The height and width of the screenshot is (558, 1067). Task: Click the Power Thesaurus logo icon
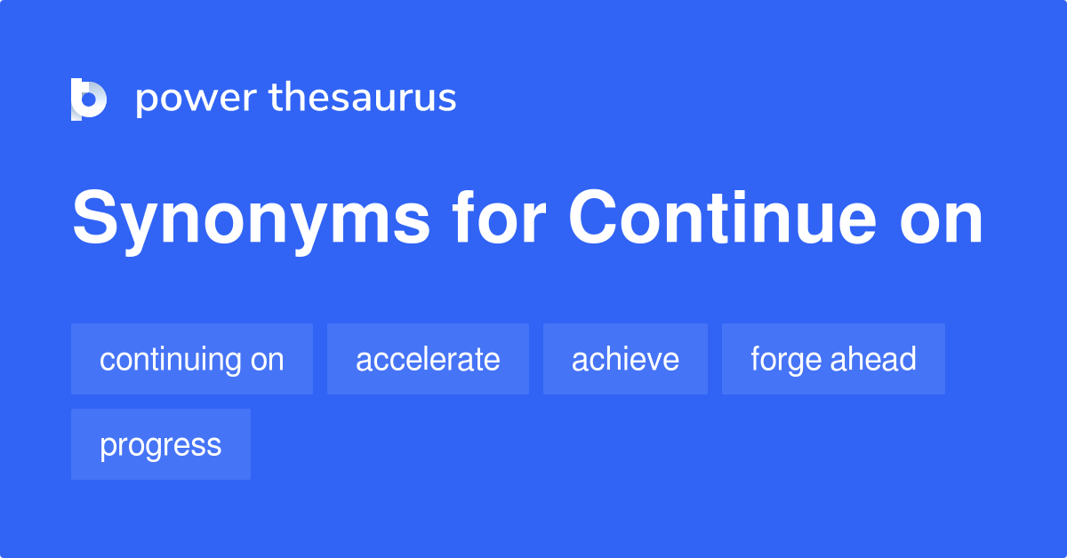click(x=89, y=99)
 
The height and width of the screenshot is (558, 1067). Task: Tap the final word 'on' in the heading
click(x=941, y=219)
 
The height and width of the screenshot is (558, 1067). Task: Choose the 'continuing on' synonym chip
click(x=192, y=359)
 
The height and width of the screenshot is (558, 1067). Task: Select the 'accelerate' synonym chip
click(x=428, y=359)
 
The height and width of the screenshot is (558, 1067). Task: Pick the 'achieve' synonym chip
click(x=625, y=359)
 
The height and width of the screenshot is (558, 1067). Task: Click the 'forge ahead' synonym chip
click(x=833, y=359)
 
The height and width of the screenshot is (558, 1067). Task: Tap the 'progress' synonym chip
click(x=161, y=444)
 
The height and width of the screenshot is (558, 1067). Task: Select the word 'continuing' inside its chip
click(x=172, y=360)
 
